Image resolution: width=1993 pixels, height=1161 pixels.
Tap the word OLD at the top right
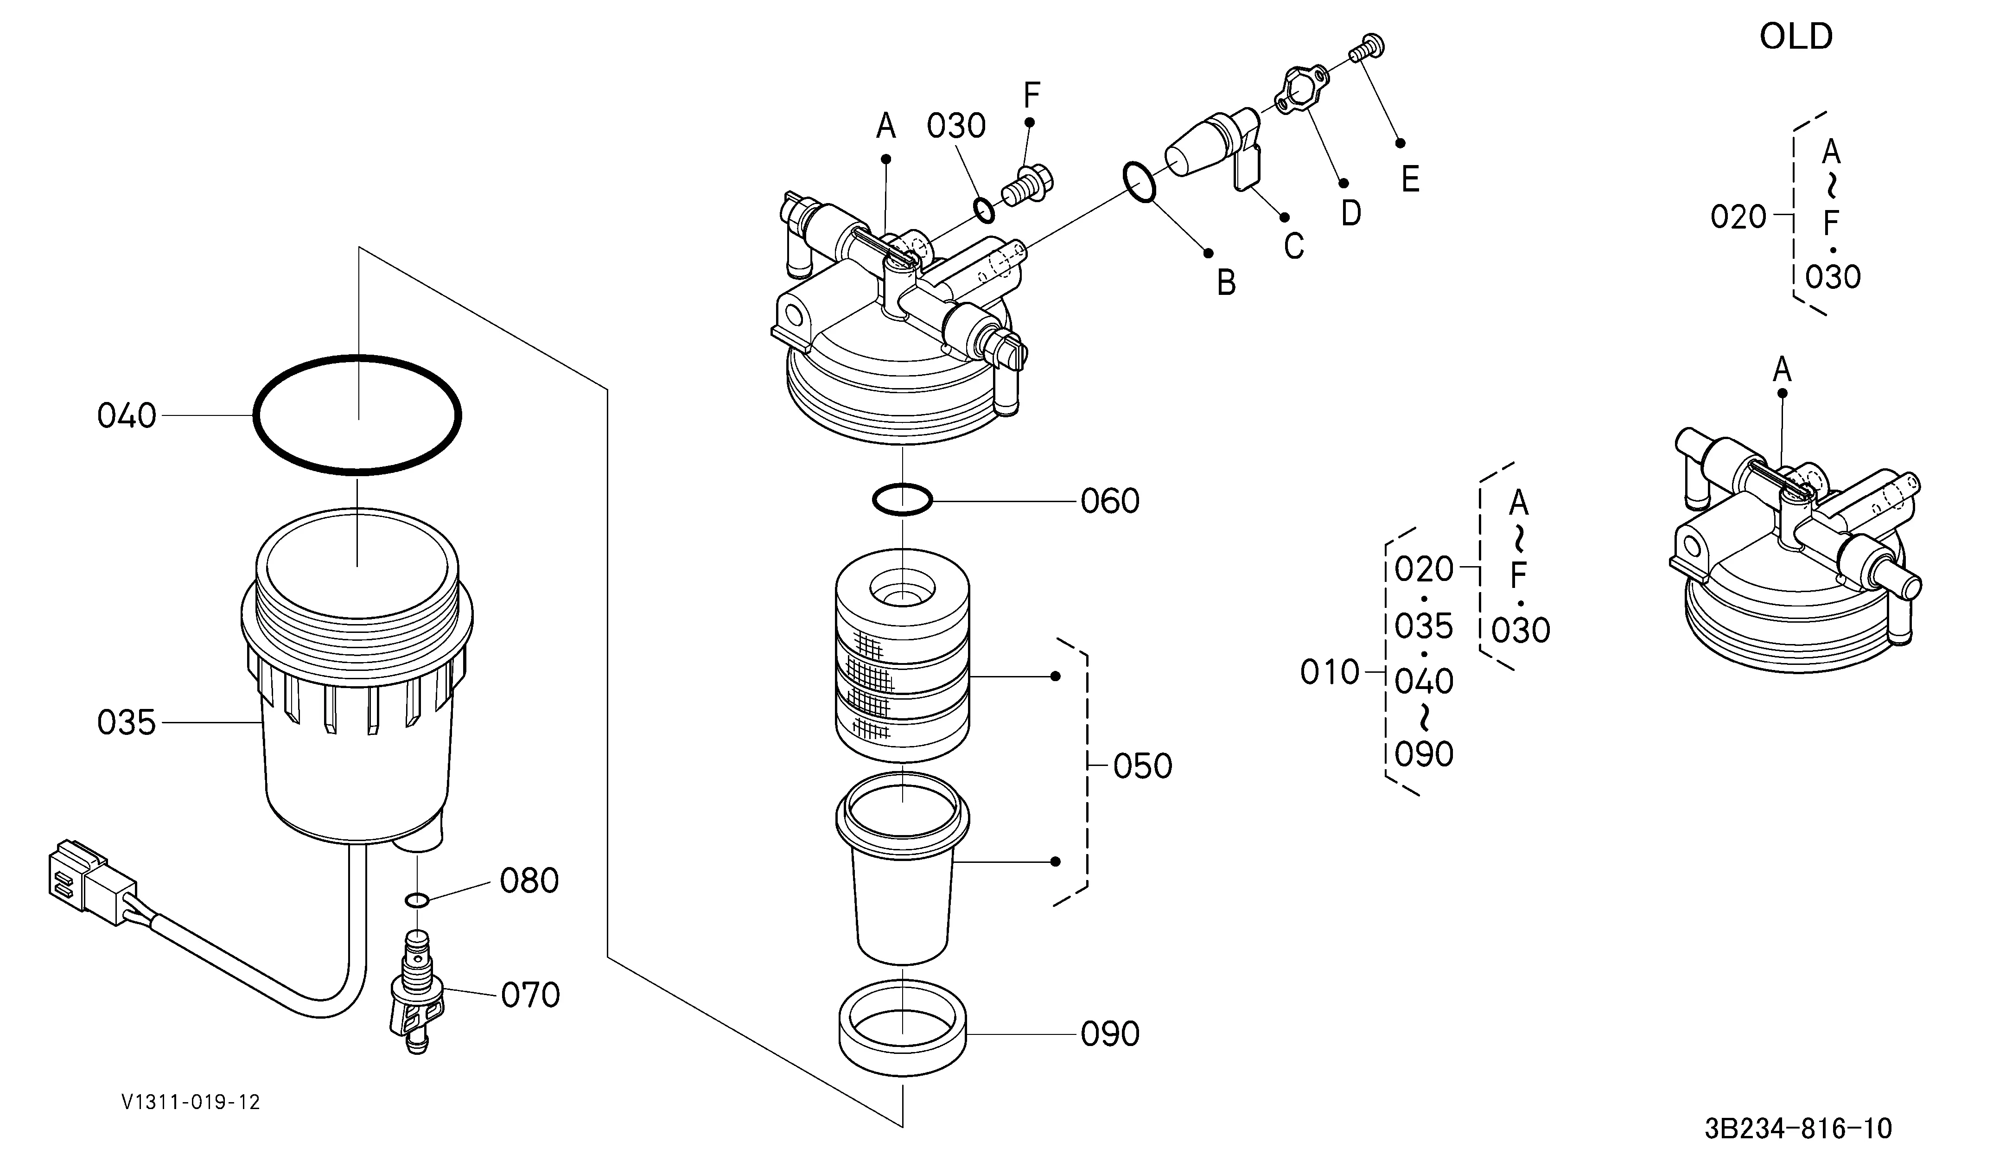click(x=1796, y=36)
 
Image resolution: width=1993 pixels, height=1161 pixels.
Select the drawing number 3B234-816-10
click(x=1798, y=1128)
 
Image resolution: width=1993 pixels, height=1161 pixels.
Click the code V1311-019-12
click(x=191, y=1102)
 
